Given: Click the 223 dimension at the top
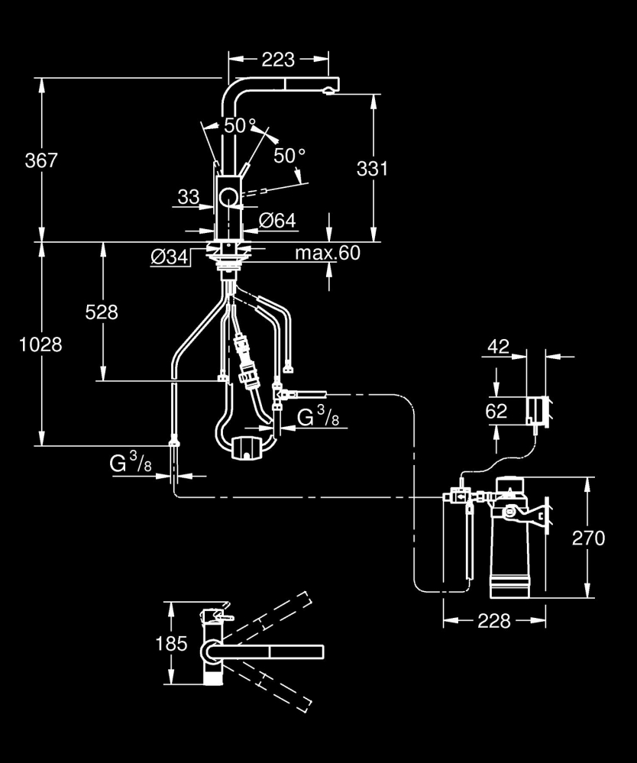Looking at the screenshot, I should pos(279,58).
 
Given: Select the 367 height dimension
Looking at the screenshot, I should pos(41,161).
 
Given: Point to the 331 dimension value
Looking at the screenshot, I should pos(372,168).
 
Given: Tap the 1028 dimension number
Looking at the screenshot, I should pos(41,344).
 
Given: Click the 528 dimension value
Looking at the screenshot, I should pos(102,312).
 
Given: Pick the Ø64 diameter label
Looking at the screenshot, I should pos(277,221).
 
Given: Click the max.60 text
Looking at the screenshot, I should pos(328,254).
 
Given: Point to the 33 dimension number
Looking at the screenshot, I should pos(188,197).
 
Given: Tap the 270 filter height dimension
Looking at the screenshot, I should pos(587,538).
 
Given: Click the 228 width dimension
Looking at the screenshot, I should pos(494,621).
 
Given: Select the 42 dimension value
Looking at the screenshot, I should pos(497,347).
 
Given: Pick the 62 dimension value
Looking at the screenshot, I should pos(496,411).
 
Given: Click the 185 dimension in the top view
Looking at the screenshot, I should pos(171,643).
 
